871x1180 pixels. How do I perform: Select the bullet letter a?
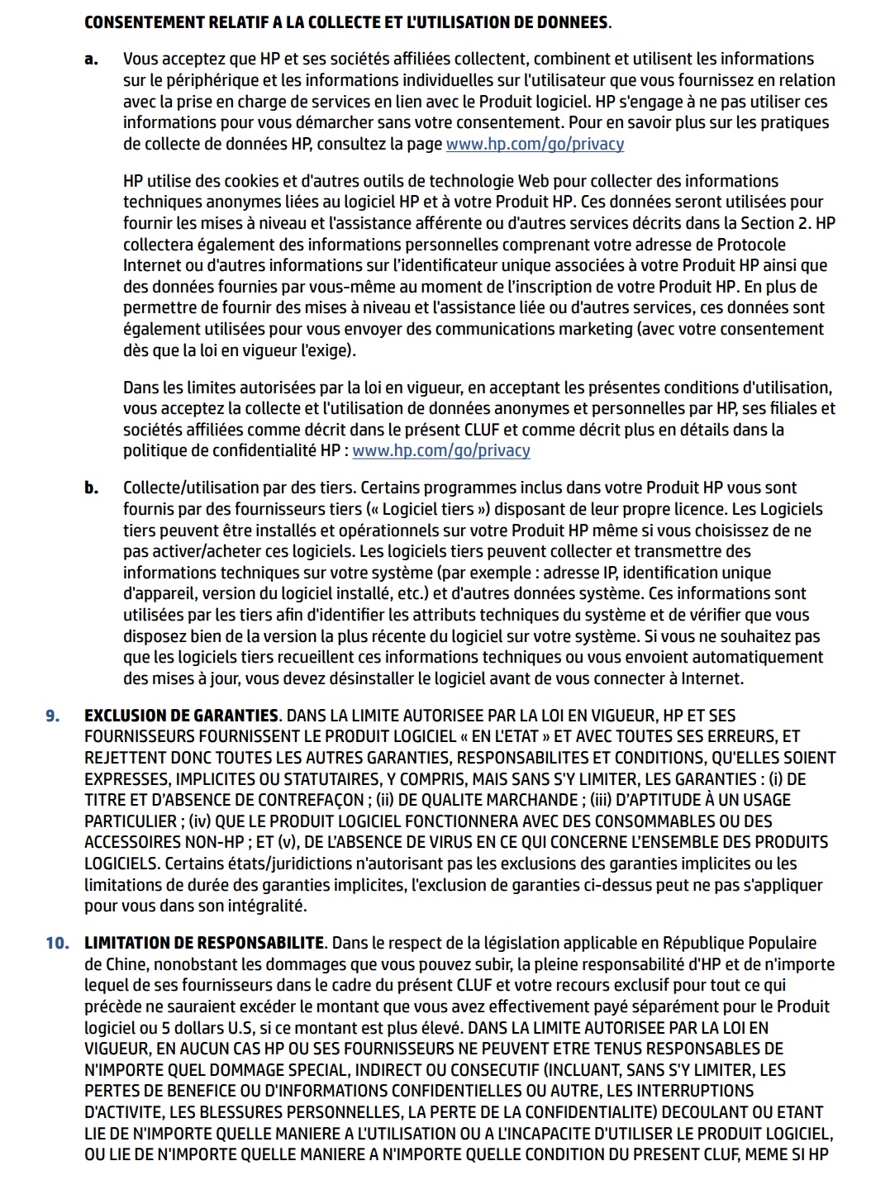click(x=91, y=59)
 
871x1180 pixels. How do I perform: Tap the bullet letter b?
click(x=91, y=488)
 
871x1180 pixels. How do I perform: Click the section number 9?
click(x=53, y=716)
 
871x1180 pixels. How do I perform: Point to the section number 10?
click(x=57, y=944)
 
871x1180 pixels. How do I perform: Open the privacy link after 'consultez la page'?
click(x=535, y=144)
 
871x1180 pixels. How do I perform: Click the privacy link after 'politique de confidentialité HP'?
click(x=441, y=451)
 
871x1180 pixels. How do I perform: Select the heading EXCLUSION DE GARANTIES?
click(x=181, y=716)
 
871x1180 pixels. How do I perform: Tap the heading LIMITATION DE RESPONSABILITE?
click(x=204, y=944)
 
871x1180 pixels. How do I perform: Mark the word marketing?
click(x=593, y=329)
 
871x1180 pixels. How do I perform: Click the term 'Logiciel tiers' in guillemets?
click(x=427, y=510)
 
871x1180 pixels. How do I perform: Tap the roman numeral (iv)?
click(x=200, y=821)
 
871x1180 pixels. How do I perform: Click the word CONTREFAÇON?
click(x=310, y=800)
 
